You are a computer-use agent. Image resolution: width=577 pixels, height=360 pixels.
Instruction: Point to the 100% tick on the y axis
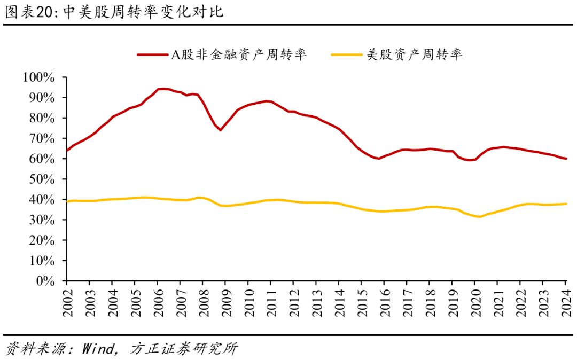coord(39,77)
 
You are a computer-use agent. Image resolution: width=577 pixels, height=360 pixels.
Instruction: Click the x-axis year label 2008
coord(203,303)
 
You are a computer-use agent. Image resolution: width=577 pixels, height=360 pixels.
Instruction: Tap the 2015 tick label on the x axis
coord(362,303)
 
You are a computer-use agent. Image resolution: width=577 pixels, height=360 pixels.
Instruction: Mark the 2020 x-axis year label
coord(475,303)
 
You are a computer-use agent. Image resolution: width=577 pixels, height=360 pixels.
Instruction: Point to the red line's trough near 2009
coord(220,130)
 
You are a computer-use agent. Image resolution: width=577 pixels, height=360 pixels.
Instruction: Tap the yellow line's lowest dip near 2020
coord(477,216)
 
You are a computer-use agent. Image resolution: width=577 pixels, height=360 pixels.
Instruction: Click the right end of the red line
coord(566,159)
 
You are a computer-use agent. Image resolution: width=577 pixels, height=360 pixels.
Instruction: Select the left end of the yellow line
coord(66,201)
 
